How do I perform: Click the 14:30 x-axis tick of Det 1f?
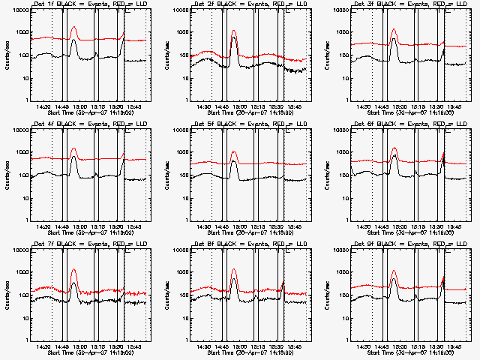pyautogui.click(x=44, y=106)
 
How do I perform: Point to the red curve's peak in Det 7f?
pyautogui.click(x=73, y=269)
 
